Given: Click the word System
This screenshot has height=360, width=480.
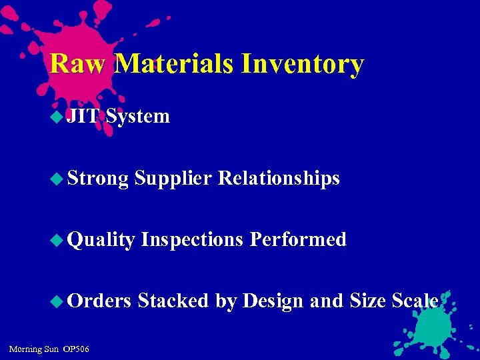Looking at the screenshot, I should tap(138, 117).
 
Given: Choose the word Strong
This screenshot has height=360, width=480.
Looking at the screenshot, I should tap(98, 179).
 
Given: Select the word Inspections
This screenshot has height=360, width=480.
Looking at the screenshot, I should tap(192, 240).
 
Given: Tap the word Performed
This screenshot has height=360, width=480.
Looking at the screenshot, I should tap(298, 240).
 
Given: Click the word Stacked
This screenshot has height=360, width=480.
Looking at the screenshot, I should tap(173, 301).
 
